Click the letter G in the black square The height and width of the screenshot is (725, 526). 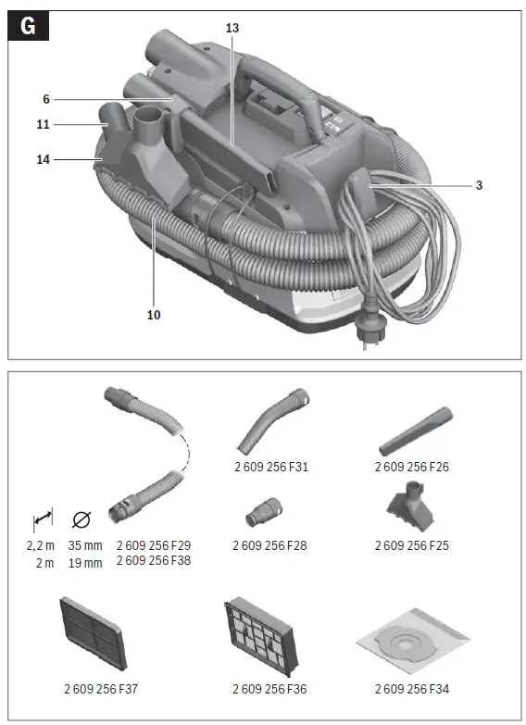click(28, 26)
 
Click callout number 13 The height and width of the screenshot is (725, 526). click(232, 29)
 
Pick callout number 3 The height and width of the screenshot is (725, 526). click(479, 185)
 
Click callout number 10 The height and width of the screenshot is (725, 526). click(154, 315)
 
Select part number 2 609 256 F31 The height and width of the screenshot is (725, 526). click(270, 468)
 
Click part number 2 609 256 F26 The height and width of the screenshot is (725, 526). click(411, 468)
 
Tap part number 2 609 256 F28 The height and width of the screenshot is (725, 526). click(270, 545)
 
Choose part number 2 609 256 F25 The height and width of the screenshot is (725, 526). click(411, 545)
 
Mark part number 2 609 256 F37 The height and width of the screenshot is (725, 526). click(102, 689)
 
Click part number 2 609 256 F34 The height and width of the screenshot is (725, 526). click(411, 689)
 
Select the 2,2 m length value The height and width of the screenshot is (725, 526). click(42, 545)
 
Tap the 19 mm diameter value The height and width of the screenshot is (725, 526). click(85, 562)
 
